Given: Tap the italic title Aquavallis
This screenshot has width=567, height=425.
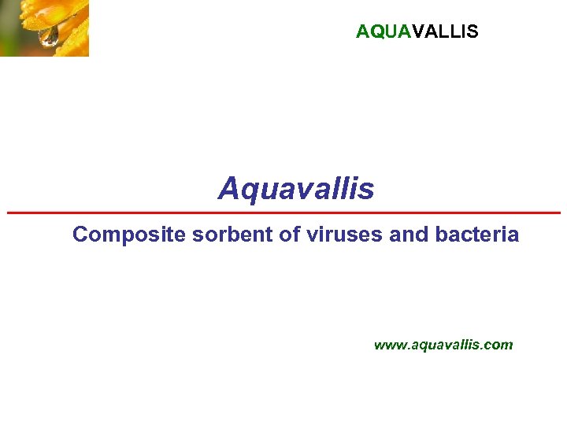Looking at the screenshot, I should coord(296,189).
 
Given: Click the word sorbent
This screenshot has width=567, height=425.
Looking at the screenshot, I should coord(207,235).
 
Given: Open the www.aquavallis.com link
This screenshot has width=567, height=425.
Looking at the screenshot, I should coord(443,345).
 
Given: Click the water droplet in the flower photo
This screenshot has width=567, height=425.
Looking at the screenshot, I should coord(50,35).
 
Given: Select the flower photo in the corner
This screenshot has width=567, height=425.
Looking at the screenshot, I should coord(44,28).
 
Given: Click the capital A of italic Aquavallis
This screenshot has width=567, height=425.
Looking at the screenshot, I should coord(228,189).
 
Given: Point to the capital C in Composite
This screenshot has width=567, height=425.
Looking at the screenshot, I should coord(80,235).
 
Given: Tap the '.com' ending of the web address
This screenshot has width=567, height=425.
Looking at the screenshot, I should coord(499,345).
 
